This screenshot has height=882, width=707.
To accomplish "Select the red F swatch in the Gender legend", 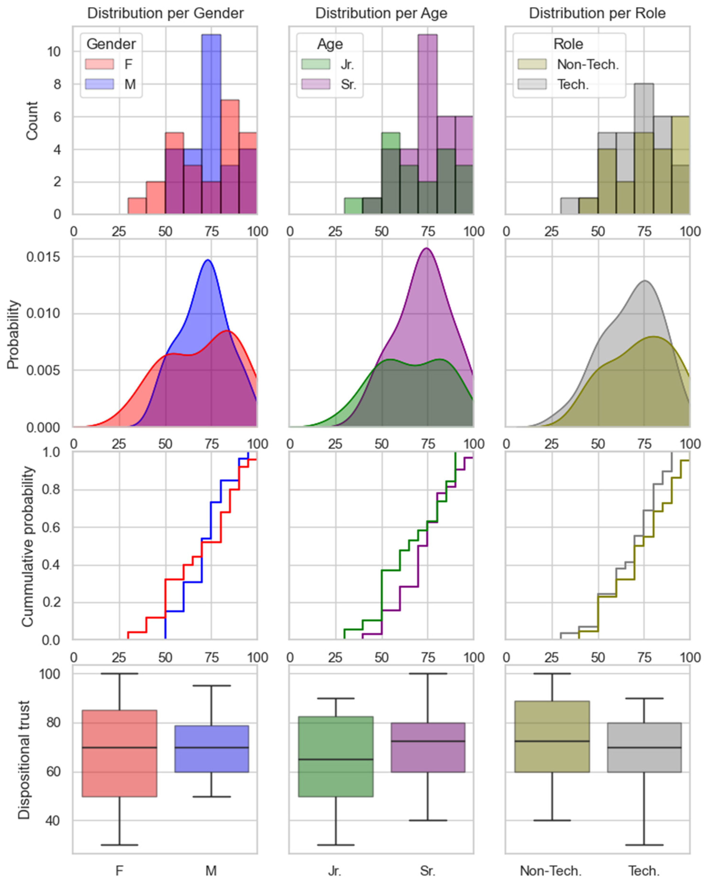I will coord(99,64).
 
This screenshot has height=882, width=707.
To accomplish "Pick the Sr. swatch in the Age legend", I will coord(316,84).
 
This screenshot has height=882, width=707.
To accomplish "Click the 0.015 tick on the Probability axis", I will coord(43,257).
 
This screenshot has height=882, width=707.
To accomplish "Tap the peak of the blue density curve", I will coord(208,260).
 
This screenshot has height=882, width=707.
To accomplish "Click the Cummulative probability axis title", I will coord(27,546).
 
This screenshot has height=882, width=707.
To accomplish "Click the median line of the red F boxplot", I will coord(119,747).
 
